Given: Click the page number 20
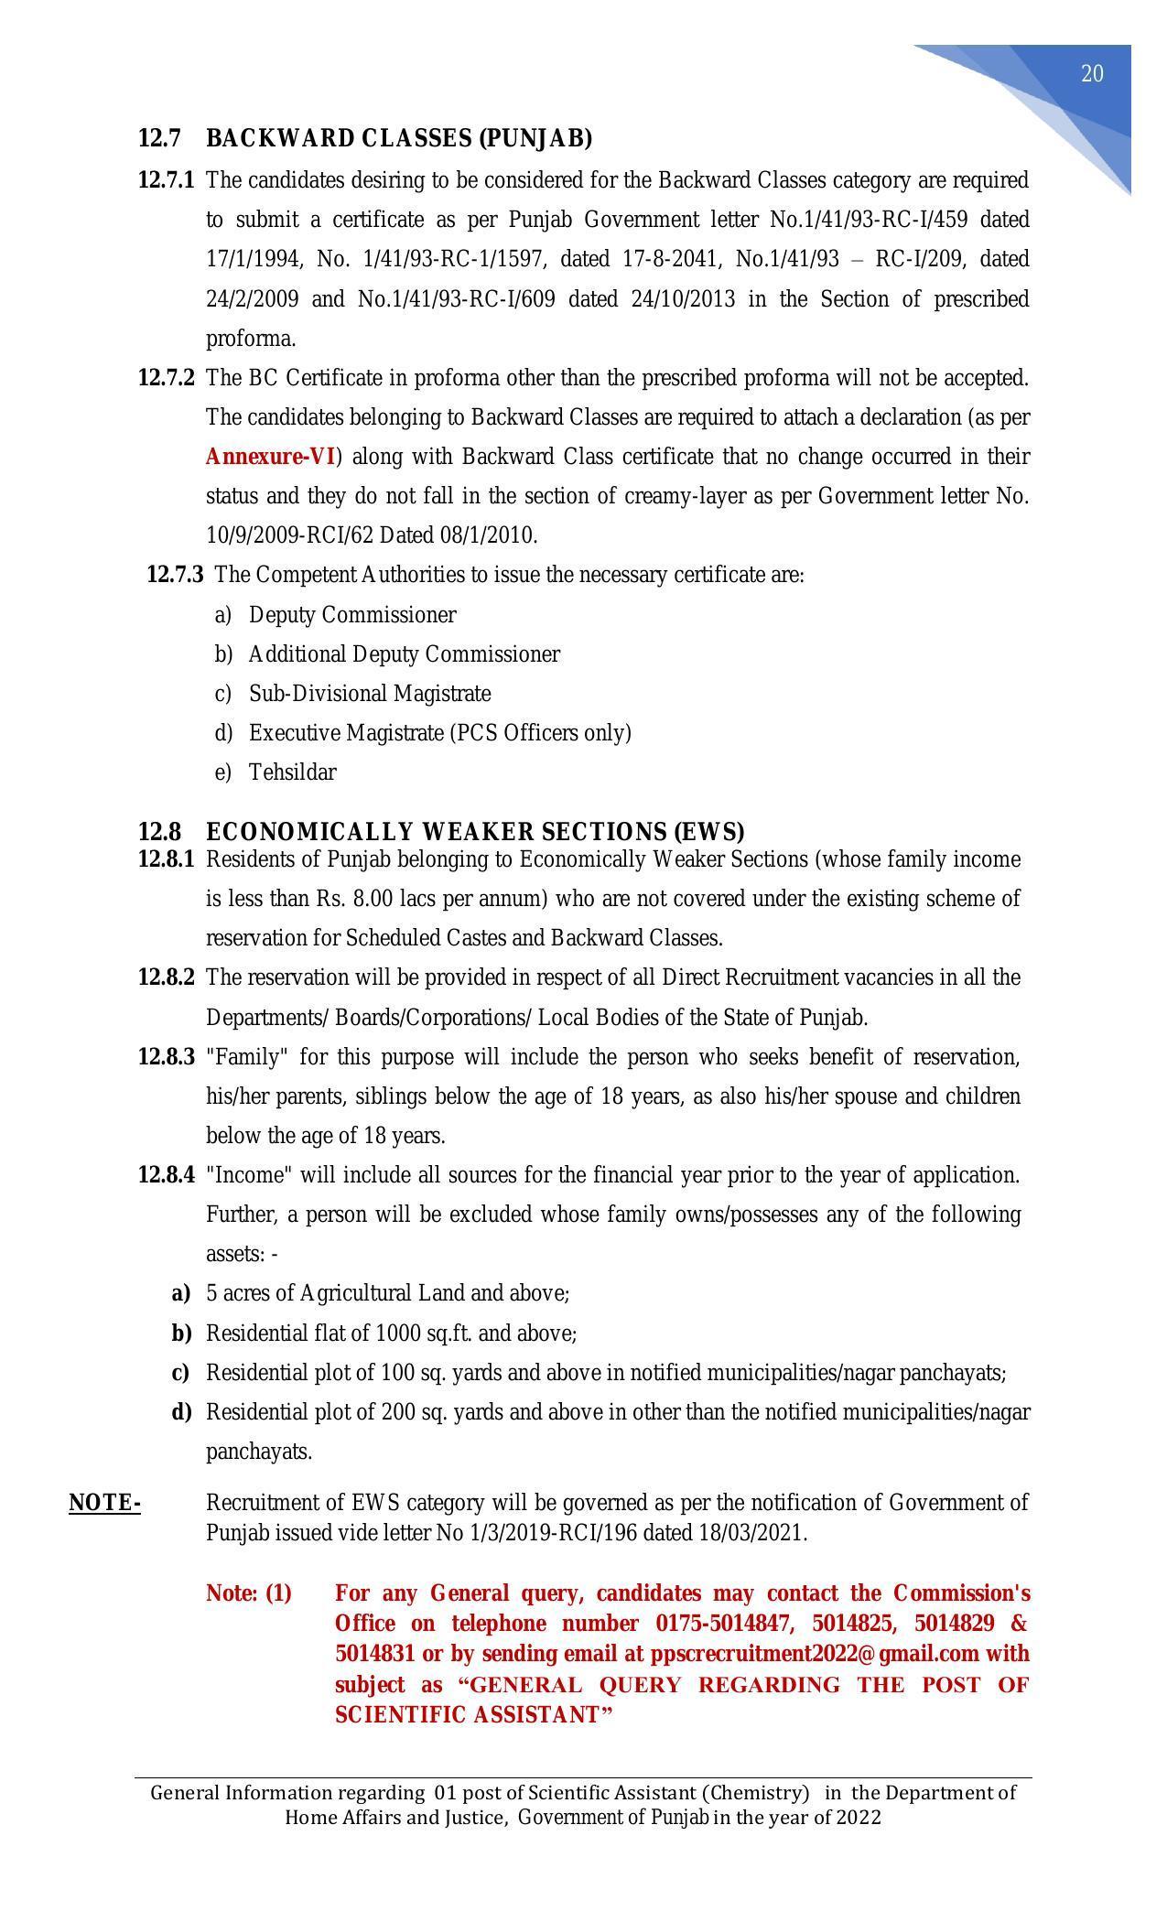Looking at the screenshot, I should (1092, 74).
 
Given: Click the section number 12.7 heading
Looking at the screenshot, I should (159, 138).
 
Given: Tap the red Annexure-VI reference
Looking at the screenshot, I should (270, 457).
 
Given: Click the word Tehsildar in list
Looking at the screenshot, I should (292, 772).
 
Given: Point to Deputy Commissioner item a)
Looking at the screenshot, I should (351, 615).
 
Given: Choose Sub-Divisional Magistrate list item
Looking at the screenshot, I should (370, 694).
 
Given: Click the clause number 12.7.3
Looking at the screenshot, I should (175, 575).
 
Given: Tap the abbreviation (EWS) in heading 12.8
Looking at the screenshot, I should (708, 832).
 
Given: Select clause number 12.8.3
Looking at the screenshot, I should (166, 1057).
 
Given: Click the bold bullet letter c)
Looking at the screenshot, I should (180, 1373).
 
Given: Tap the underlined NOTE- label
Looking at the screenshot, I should (104, 1503).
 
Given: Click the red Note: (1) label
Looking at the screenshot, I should (248, 1593).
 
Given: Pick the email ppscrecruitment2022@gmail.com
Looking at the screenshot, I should (815, 1654).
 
